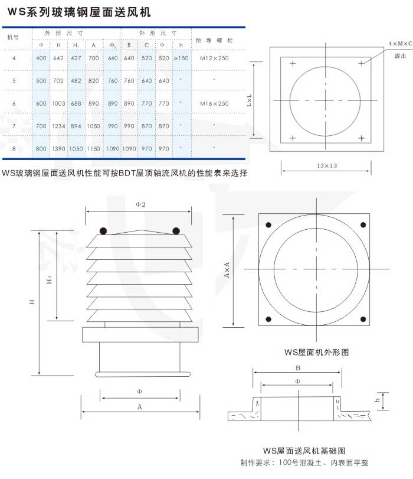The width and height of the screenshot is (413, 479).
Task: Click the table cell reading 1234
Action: click(58, 126)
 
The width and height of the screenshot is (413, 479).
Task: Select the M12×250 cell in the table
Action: click(214, 58)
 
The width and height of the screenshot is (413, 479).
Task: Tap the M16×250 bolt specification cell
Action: click(214, 103)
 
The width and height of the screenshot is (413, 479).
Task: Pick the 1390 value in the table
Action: click(58, 149)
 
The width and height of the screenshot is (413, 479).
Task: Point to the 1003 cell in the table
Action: click(58, 103)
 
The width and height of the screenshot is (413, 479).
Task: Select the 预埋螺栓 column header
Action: click(214, 40)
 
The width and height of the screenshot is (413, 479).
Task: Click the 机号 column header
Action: click(13, 37)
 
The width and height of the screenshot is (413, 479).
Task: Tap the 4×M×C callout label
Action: click(401, 44)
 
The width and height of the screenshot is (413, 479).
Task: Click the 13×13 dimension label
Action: click(326, 166)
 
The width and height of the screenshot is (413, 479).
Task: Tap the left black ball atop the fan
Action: click(103, 231)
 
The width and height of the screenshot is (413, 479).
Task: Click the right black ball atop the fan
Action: click(175, 231)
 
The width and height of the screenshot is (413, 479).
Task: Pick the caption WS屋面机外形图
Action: click(316, 353)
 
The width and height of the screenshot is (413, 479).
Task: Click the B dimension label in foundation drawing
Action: click(299, 367)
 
